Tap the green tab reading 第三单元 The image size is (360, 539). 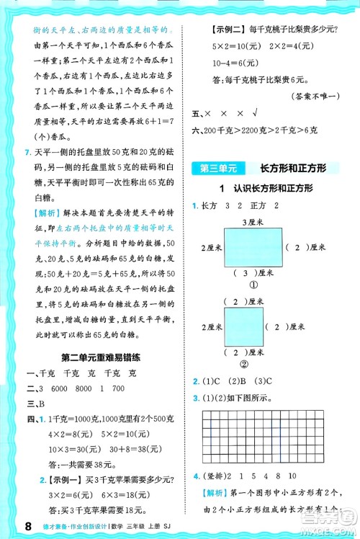217,169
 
